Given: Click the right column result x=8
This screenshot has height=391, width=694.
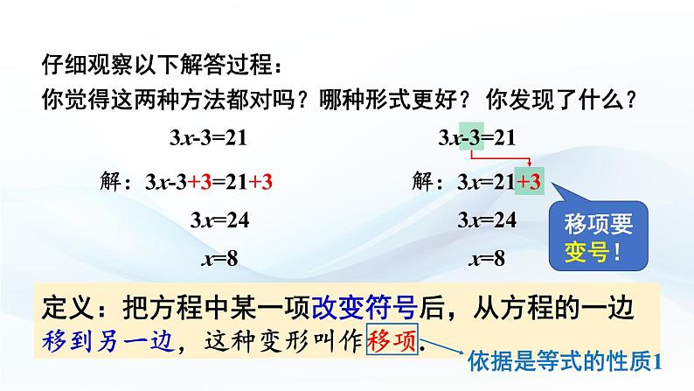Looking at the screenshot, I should coord(486,259).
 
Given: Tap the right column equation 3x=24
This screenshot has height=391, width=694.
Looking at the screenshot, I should coord(486,220).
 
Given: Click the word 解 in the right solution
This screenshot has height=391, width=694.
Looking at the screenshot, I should coord(420,183).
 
